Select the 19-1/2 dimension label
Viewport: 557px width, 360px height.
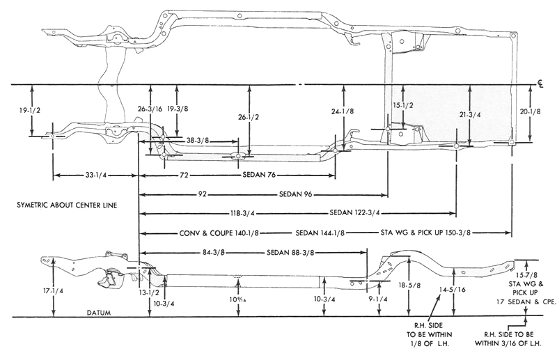(30, 110)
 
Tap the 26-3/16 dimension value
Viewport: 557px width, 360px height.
(150, 109)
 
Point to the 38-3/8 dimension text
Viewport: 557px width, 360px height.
(197, 141)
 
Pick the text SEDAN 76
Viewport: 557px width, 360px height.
(259, 175)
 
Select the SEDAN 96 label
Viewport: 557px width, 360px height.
(296, 194)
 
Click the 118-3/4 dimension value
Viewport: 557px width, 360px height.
(243, 213)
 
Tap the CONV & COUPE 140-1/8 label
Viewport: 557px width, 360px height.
(219, 233)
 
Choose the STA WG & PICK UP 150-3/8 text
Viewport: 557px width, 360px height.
(425, 233)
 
